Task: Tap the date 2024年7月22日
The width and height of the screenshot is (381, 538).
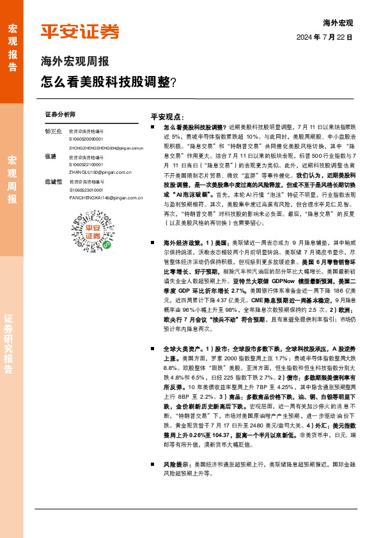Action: pyautogui.click(x=324, y=37)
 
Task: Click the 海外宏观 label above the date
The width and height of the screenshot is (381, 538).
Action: pyautogui.click(x=338, y=23)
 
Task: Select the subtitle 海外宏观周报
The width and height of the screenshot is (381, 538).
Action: pyautogui.click(x=74, y=62)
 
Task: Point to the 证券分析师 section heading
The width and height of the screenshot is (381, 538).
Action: pyautogui.click(x=60, y=114)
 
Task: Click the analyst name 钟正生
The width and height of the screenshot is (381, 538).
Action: pyautogui.click(x=54, y=131)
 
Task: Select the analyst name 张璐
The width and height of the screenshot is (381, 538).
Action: pyautogui.click(x=51, y=157)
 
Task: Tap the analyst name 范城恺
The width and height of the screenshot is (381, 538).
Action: pyautogui.click(x=54, y=182)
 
